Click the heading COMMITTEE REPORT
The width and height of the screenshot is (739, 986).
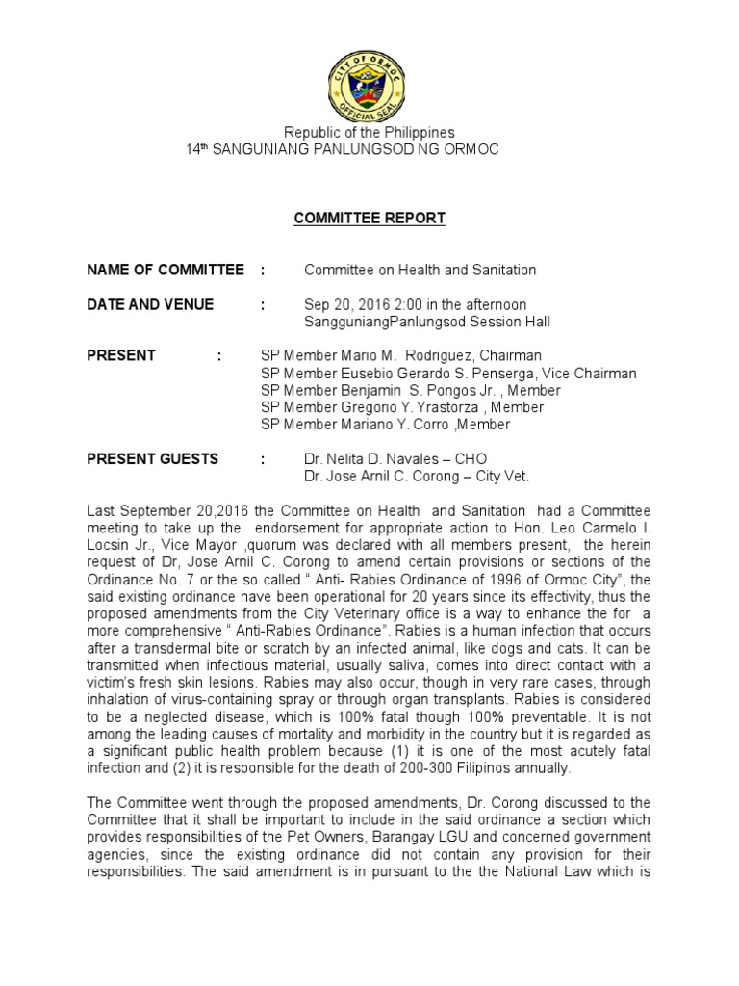(369, 219)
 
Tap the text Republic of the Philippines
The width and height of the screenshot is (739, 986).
(369, 132)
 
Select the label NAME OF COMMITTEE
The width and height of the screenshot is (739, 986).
(165, 271)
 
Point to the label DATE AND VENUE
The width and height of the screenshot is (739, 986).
(150, 305)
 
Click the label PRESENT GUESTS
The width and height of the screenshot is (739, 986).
(152, 459)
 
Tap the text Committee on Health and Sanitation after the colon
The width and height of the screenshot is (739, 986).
(420, 271)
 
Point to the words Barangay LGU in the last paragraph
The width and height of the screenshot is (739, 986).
(457, 837)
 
